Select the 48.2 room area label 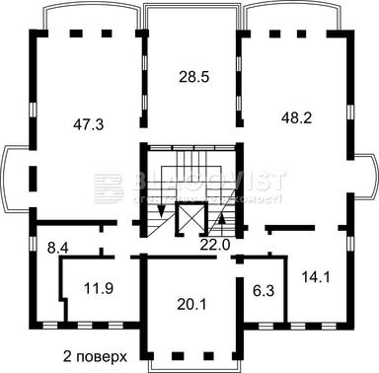coord(298,114)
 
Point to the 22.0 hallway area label coord(216,245)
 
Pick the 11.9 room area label coord(98,290)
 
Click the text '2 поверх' coord(97,355)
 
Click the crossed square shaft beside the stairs coord(189,219)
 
